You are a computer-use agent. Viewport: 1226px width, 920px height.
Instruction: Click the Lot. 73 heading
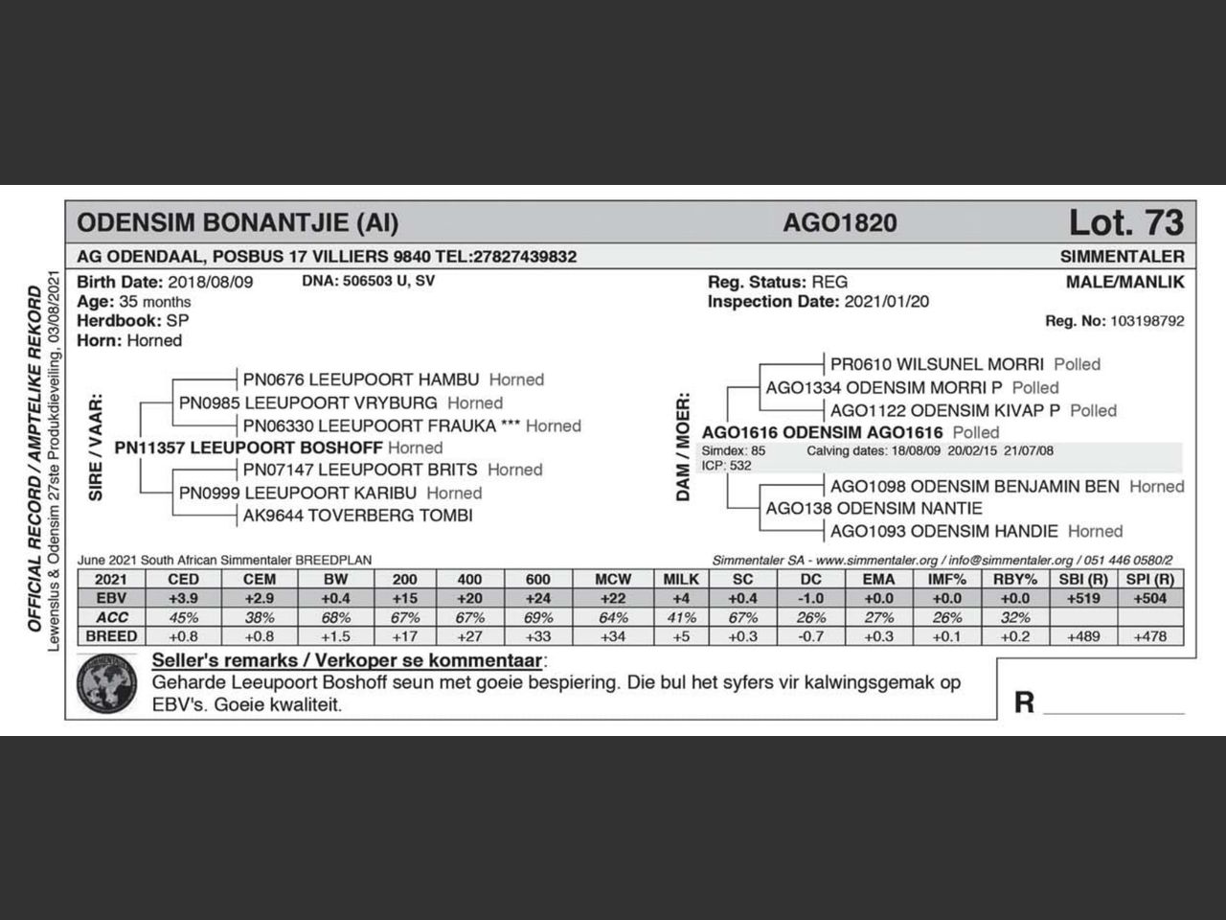pyautogui.click(x=1125, y=222)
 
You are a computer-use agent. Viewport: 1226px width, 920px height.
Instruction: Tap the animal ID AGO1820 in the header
pyautogui.click(x=840, y=223)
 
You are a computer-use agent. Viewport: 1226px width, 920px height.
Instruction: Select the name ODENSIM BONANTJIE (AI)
pyautogui.click(x=238, y=223)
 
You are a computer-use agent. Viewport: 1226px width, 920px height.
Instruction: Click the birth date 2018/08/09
pyautogui.click(x=210, y=282)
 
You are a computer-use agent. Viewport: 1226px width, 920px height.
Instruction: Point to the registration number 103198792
pyautogui.click(x=1147, y=321)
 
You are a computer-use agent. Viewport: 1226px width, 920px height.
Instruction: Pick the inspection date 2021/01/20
pyautogui.click(x=886, y=301)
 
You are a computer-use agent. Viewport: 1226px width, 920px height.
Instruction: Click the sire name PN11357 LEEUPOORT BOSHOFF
pyautogui.click(x=248, y=448)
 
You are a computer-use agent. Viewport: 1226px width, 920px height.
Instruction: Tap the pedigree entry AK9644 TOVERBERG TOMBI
pyautogui.click(x=357, y=516)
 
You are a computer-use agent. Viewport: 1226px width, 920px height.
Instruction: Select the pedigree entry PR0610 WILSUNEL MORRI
pyautogui.click(x=936, y=364)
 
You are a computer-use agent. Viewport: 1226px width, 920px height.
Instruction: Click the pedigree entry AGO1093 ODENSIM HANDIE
pyautogui.click(x=943, y=531)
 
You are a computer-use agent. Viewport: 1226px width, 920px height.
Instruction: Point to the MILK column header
pyautogui.click(x=681, y=579)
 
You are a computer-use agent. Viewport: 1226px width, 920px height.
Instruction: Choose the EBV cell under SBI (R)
pyautogui.click(x=1083, y=598)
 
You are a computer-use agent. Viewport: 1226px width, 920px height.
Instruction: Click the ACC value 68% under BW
pyautogui.click(x=336, y=617)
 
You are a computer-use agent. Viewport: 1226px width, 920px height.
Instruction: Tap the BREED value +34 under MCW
pyautogui.click(x=613, y=636)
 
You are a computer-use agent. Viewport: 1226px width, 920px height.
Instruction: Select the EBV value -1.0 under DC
pyautogui.click(x=810, y=598)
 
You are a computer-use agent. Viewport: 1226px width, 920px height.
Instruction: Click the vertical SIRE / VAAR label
pyautogui.click(x=96, y=448)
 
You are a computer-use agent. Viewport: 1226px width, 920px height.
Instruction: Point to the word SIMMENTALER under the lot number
pyautogui.click(x=1122, y=257)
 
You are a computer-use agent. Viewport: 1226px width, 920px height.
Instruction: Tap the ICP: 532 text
pyautogui.click(x=727, y=466)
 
